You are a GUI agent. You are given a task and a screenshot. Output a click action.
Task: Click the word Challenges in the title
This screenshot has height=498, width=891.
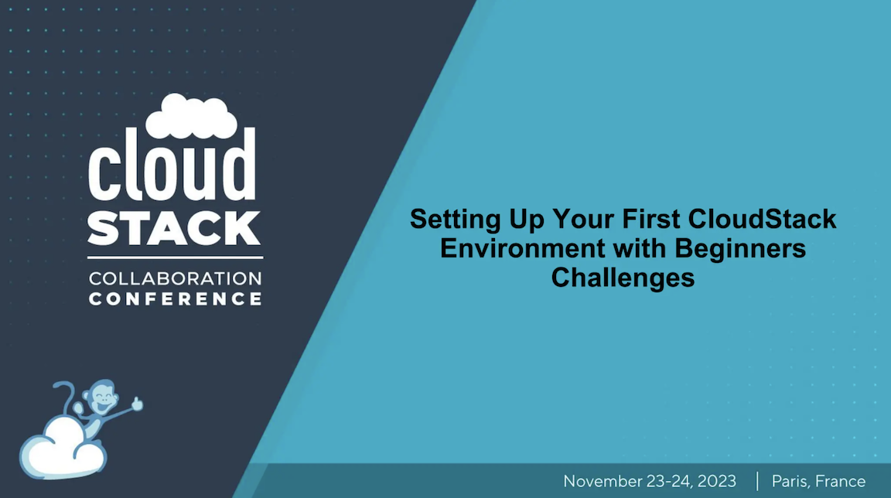623,277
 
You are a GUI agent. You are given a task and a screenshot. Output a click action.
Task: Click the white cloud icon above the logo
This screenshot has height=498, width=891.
191,116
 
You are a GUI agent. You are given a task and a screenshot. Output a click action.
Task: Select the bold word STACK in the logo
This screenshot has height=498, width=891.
174,228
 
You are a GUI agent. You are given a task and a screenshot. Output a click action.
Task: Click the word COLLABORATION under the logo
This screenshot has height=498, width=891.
176,278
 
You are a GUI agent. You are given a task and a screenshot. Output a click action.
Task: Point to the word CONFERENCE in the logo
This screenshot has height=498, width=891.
176,298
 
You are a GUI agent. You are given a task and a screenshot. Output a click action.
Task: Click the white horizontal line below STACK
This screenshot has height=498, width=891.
176,258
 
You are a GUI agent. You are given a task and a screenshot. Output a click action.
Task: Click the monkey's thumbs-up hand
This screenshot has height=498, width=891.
137,402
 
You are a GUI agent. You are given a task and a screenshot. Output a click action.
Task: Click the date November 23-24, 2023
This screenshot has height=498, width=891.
650,481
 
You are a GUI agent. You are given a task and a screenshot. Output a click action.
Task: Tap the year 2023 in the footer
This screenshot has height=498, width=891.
716,481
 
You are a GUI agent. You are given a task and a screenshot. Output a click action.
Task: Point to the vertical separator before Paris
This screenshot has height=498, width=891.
756,481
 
